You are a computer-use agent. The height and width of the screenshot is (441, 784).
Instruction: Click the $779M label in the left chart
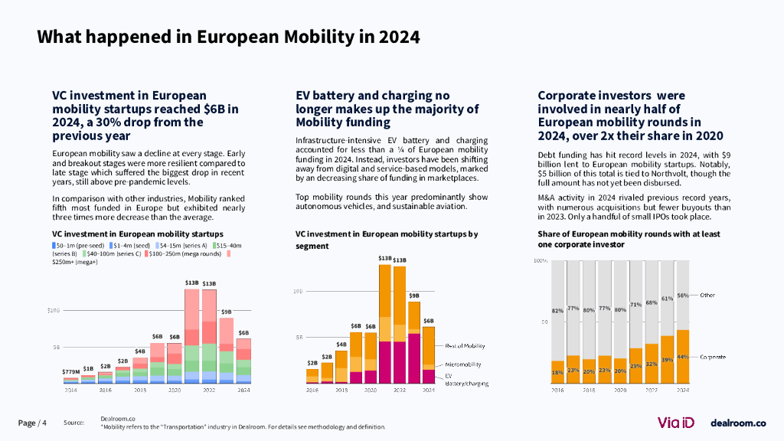70,372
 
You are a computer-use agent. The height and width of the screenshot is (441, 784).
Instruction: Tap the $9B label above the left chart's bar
227,312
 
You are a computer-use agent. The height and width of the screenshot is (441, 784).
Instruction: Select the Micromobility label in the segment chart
464,364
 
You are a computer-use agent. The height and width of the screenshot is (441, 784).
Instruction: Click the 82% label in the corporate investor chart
557,311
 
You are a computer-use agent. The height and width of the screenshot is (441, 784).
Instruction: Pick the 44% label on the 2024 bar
683,357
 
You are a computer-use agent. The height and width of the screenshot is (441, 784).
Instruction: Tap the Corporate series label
712,357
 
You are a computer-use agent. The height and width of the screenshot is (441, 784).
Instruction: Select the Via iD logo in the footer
678,423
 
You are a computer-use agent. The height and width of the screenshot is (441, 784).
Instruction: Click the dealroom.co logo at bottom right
738,423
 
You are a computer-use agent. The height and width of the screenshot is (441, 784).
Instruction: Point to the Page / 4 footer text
32,423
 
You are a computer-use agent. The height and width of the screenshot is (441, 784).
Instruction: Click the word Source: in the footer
73,423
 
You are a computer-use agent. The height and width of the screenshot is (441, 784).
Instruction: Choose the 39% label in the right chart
667,360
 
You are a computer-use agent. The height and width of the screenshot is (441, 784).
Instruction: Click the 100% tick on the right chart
540,261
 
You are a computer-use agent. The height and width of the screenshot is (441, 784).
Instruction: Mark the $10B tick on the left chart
53,310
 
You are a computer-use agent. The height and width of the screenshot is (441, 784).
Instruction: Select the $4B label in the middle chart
341,345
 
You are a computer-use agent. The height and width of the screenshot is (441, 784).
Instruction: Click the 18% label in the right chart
557,372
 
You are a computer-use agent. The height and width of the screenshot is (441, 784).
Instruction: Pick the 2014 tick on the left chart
70,390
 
